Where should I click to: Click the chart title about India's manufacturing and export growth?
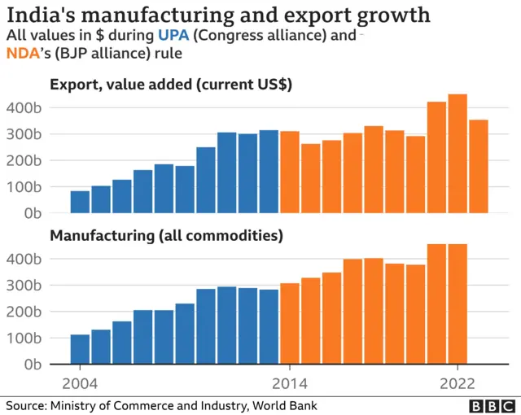(x=219, y=15)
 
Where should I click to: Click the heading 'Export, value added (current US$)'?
(x=171, y=85)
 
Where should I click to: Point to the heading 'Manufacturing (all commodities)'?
(x=166, y=236)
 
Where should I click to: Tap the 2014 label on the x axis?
(x=289, y=384)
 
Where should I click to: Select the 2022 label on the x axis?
(x=458, y=384)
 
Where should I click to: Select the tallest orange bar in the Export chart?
(x=458, y=154)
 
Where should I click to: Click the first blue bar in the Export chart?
(x=80, y=202)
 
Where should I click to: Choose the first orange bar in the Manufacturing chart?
(x=290, y=323)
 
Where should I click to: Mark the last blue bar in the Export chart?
(x=269, y=172)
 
